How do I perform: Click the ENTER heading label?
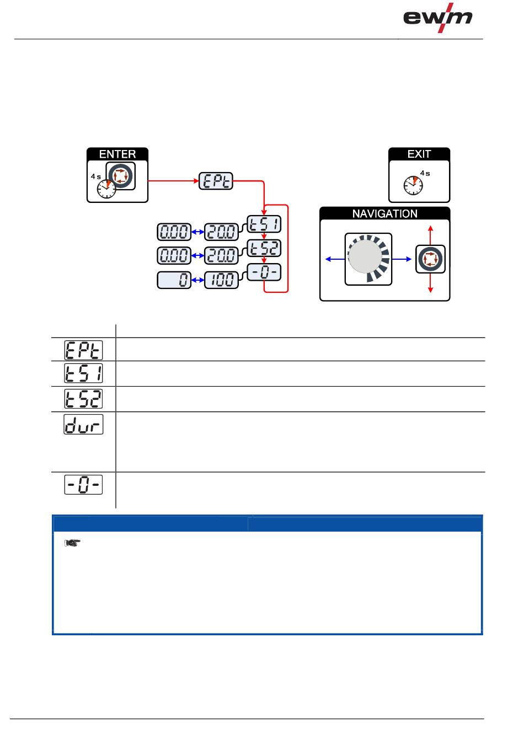tap(117, 154)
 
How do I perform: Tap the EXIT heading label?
tap(419, 154)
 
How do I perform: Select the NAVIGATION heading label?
tap(384, 213)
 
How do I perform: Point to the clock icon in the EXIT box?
tap(413, 185)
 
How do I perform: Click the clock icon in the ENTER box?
tap(106, 189)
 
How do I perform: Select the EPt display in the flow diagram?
tap(216, 181)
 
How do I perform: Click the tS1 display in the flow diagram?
tap(264, 224)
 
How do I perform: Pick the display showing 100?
tap(221, 280)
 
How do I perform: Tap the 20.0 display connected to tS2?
tap(221, 255)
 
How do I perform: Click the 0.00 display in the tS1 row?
tap(174, 232)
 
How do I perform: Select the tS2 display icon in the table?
tap(84, 399)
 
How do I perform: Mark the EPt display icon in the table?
tap(84, 350)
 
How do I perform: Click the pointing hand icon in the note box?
tap(72, 544)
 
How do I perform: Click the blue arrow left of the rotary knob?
tap(334, 258)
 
